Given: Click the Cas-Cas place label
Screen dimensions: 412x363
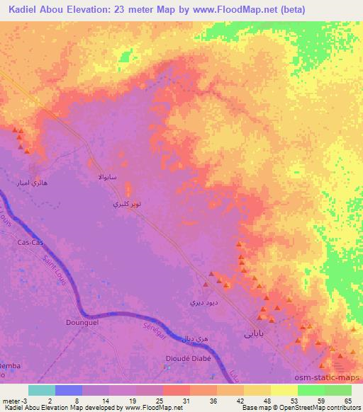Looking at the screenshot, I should click(x=30, y=242).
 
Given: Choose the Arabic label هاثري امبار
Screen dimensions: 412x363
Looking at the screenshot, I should click(x=34, y=183).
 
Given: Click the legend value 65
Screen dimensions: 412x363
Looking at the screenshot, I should click(x=347, y=400).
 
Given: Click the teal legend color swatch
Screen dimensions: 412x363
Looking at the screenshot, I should click(x=41, y=390).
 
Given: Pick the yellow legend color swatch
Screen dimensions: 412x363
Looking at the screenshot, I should click(x=284, y=390).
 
